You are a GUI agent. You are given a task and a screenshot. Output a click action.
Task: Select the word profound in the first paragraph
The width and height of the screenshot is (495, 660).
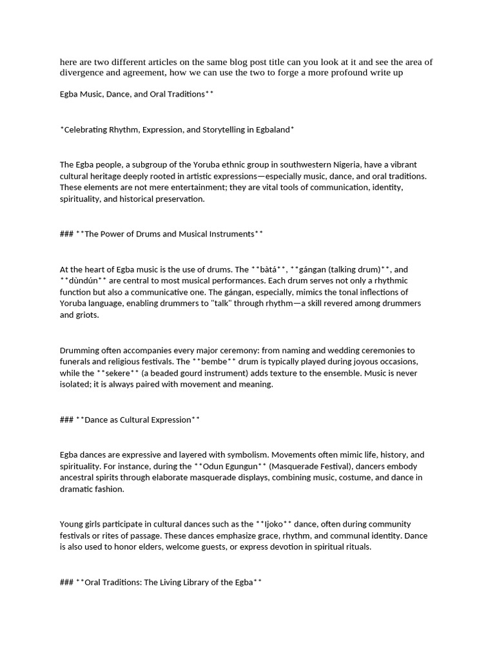point(338,73)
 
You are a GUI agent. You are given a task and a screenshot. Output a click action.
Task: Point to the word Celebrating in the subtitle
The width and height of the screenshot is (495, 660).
point(87,130)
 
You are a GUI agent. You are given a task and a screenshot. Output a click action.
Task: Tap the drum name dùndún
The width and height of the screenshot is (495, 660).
point(77,280)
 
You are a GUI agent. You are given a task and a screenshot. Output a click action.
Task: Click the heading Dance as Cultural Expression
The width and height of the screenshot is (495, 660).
point(138,420)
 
